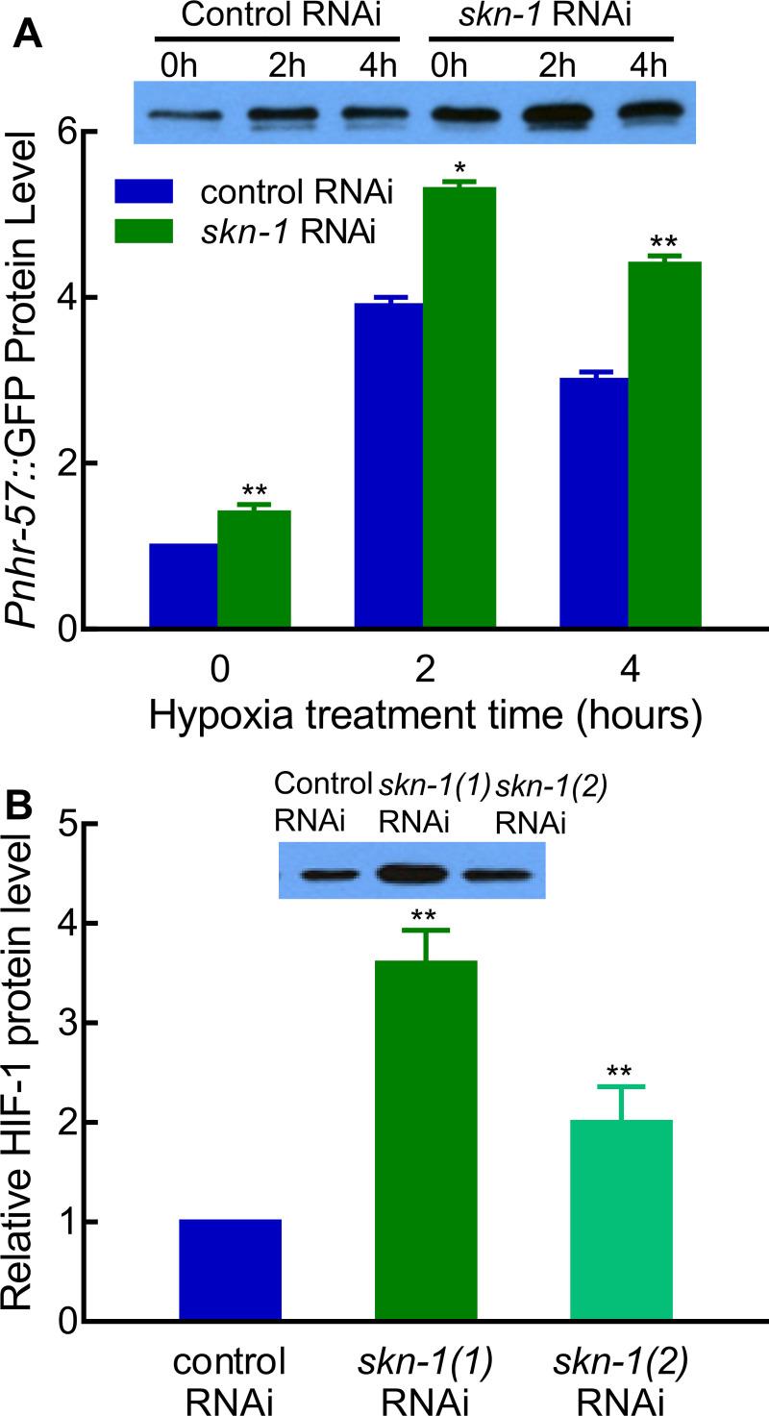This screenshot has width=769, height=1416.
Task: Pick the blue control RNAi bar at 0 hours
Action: [x=184, y=585]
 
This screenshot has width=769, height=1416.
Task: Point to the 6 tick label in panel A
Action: [x=62, y=132]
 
